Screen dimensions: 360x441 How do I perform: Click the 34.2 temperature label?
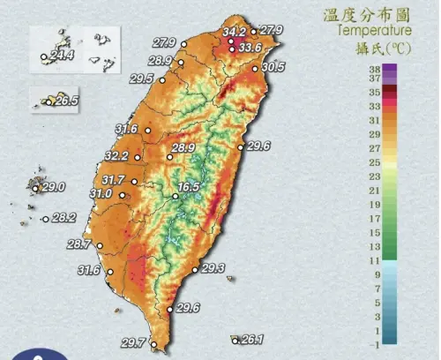(x=234, y=32)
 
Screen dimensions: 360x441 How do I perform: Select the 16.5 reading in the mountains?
(x=189, y=188)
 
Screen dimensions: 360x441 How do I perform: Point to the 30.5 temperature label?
(x=273, y=66)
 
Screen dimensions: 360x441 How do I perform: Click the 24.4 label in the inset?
(x=62, y=56)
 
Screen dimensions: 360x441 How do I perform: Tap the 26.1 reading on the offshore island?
(x=252, y=340)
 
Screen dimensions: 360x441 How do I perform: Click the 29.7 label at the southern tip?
(x=132, y=342)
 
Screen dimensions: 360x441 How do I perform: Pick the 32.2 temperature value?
(x=116, y=156)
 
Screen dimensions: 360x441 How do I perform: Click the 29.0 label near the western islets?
(x=55, y=187)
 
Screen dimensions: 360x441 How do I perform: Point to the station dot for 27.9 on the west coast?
(x=184, y=41)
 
